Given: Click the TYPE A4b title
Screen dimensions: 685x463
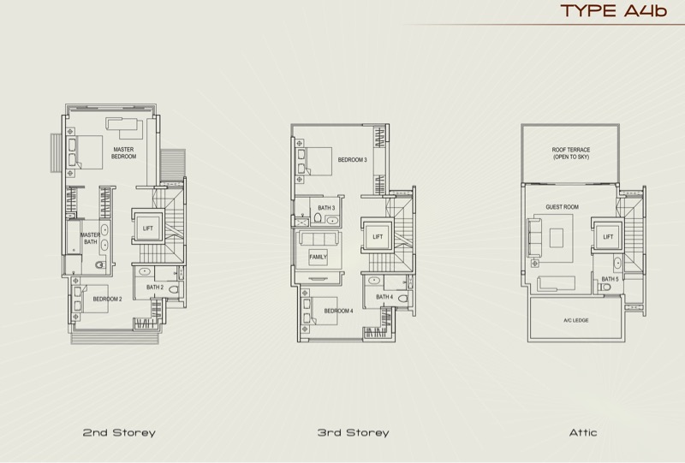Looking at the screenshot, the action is tap(613, 10).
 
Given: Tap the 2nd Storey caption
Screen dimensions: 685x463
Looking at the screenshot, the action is tap(119, 432).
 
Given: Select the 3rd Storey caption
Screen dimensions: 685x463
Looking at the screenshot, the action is tap(353, 432).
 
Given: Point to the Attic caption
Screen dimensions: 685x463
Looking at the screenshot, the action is tap(583, 432).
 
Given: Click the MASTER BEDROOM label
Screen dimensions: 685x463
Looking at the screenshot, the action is tap(123, 153).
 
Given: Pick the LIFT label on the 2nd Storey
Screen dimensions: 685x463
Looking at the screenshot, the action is tap(148, 228).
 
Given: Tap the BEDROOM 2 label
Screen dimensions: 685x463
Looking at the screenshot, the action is tap(107, 300).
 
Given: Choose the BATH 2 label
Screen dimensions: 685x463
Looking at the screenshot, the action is tap(155, 288).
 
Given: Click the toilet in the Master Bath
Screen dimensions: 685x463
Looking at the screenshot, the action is tap(100, 264).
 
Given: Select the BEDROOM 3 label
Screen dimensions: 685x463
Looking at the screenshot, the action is tap(352, 160).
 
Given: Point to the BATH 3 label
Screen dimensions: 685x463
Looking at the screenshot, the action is tap(326, 208).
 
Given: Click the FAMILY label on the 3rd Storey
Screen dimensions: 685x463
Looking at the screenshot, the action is tap(318, 257).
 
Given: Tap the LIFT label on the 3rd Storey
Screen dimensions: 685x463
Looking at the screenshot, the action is tap(378, 237).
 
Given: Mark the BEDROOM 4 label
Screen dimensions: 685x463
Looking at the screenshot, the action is tap(338, 311).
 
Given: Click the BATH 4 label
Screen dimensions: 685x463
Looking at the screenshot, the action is tap(384, 297).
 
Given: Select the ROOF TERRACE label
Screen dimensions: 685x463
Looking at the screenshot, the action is tap(570, 153).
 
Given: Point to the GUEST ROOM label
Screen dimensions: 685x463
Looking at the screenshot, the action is tap(562, 207).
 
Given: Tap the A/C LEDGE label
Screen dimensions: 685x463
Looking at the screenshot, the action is tap(575, 320).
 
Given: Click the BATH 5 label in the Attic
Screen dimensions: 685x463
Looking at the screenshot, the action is tap(610, 279).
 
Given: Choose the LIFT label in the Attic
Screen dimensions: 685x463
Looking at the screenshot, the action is tap(608, 237).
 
